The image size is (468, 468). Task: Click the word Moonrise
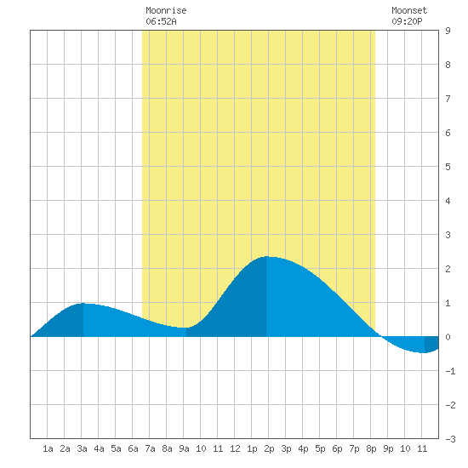click(x=166, y=10)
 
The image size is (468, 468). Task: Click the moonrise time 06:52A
click(x=161, y=21)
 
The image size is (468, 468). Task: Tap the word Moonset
click(x=409, y=10)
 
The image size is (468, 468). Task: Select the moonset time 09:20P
click(x=407, y=21)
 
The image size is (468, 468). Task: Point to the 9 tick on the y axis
click(x=448, y=31)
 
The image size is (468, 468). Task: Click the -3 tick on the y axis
click(x=450, y=439)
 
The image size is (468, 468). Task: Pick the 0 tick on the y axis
click(x=448, y=337)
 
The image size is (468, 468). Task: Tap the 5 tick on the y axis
click(x=448, y=167)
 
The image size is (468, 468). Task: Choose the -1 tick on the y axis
click(x=450, y=371)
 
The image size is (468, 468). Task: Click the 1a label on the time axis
click(x=48, y=448)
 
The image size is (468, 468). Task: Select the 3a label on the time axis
click(x=82, y=448)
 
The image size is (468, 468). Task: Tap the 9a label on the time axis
click(x=184, y=448)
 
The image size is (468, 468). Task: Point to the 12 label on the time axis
click(x=235, y=448)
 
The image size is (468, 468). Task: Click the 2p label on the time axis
click(x=269, y=448)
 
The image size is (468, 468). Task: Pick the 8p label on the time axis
click(x=371, y=448)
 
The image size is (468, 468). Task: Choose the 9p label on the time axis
click(x=388, y=448)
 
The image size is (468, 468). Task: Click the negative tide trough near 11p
click(x=424, y=353)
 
